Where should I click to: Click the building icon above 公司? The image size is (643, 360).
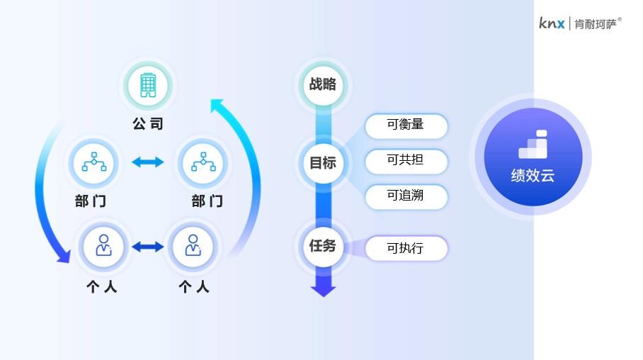point(147,85)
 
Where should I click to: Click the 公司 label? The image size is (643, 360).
point(147,124)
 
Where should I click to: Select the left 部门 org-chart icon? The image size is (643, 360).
point(94,162)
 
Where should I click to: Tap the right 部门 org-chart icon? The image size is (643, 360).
point(203,162)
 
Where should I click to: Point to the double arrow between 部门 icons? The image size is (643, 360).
point(148,162)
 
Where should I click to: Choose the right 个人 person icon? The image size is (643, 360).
point(193,246)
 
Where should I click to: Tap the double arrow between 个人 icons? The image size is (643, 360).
point(148,247)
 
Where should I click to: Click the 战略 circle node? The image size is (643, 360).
point(323,85)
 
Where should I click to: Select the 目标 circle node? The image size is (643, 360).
point(323,163)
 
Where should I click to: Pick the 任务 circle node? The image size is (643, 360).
point(323,247)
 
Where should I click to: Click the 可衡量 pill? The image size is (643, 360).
point(406,125)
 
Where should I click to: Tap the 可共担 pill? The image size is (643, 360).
point(406,160)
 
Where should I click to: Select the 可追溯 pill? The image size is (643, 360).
point(406,196)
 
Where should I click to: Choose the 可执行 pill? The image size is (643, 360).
point(406,249)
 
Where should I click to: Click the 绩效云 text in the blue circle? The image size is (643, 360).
point(533,175)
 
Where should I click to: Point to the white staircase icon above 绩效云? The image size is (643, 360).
point(533,145)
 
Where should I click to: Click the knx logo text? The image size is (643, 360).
point(552,23)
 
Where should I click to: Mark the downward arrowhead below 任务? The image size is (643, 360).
point(323,288)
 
